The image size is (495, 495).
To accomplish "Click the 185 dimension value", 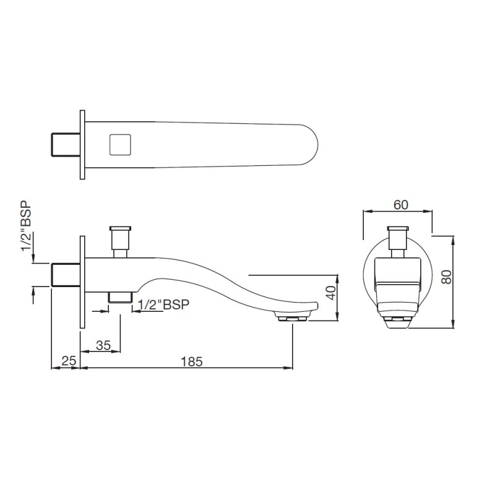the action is click(192, 361).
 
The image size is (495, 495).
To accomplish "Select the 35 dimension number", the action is click(103, 345).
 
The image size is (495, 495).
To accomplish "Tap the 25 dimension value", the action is click(69, 361).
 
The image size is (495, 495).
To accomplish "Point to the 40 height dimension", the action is click(331, 293).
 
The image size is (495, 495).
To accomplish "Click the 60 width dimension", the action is click(400, 205).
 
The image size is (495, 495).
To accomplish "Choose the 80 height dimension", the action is click(446, 277).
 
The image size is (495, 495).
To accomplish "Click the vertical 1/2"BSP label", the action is click(27, 226).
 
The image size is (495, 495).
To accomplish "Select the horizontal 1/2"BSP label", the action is click(164, 304).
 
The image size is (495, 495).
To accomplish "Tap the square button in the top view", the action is click(120, 145).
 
